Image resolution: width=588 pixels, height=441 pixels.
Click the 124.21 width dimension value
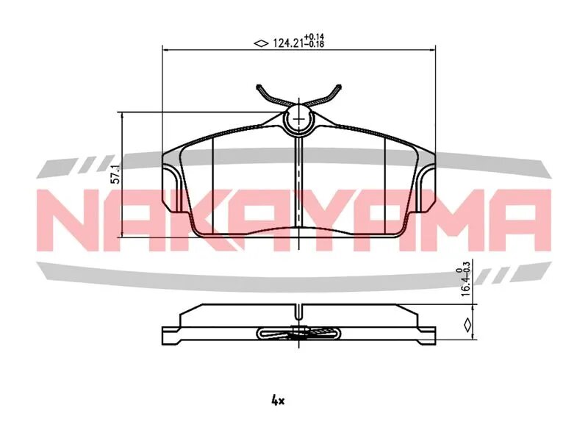287,44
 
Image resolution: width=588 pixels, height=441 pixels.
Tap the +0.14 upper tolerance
314,37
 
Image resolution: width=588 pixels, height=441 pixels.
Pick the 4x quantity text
278,401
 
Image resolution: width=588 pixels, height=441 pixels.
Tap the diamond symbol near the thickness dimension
467,325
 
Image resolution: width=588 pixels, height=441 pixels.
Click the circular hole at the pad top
298,118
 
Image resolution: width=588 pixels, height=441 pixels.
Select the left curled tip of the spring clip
259,87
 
